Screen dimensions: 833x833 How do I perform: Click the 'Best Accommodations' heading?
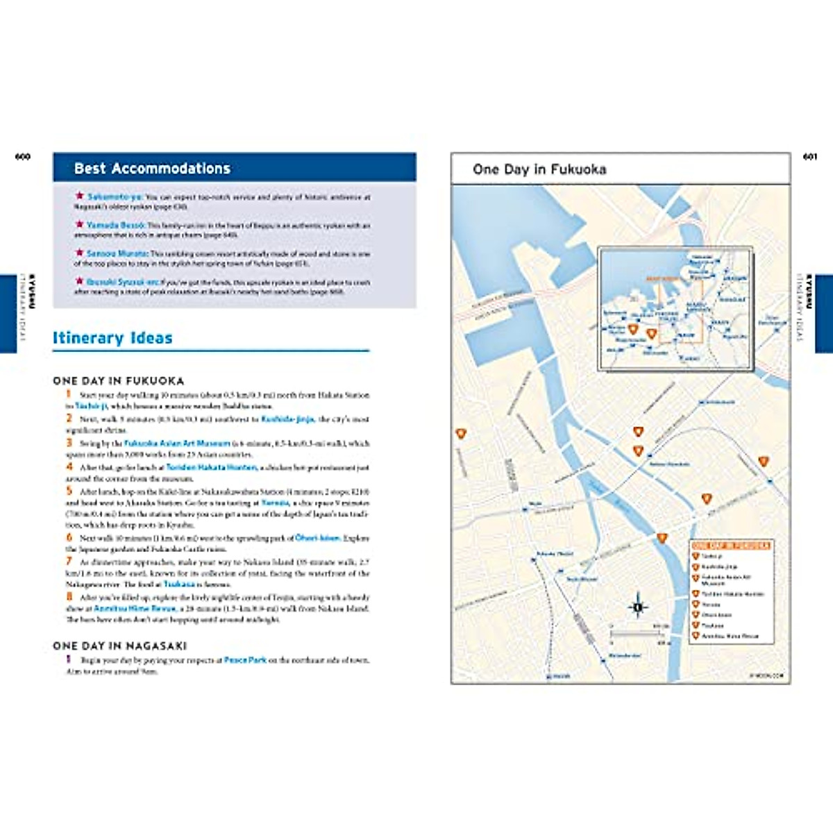[x=152, y=169]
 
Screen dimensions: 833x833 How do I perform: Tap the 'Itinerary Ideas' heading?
[x=112, y=338]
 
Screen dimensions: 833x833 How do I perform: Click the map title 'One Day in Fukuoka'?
[x=539, y=169]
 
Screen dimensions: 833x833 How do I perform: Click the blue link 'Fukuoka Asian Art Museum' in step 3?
[x=177, y=443]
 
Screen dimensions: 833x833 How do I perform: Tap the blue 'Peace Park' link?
[x=245, y=660]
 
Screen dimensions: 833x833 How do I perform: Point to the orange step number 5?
[x=69, y=491]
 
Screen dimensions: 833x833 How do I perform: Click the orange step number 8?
[x=69, y=597]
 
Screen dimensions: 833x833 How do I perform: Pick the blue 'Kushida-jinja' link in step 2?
[x=287, y=419]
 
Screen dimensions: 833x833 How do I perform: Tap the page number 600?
[x=23, y=157]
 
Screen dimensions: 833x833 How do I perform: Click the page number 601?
[x=809, y=157]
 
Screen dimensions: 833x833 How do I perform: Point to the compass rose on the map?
[x=638, y=607]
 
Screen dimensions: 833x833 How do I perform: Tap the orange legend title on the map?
[x=731, y=546]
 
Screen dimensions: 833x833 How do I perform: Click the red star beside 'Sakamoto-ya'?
[x=79, y=196]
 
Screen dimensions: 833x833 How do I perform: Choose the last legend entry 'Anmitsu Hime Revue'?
[x=730, y=636]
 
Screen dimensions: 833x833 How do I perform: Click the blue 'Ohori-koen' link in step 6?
[x=318, y=538]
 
